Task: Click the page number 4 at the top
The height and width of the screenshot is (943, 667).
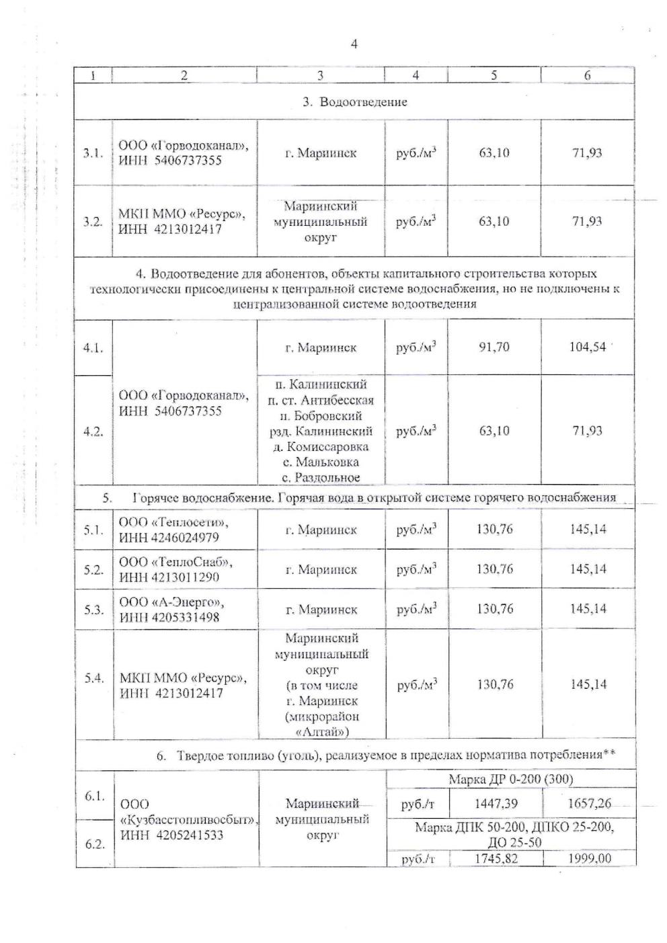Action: [x=354, y=44]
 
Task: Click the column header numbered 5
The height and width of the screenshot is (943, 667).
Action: [x=494, y=75]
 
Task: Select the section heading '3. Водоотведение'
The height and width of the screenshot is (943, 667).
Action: [x=354, y=102]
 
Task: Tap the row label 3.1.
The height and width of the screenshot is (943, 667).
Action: [x=93, y=153]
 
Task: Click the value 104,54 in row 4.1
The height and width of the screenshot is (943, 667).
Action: [x=587, y=347]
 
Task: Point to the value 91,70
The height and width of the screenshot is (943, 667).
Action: [x=494, y=347]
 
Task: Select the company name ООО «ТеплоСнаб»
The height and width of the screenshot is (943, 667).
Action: [x=176, y=562]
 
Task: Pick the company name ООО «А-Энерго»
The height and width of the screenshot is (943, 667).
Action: [x=171, y=602]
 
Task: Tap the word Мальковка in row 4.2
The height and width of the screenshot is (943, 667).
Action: [x=327, y=462]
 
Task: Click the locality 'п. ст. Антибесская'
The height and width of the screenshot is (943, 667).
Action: [x=320, y=401]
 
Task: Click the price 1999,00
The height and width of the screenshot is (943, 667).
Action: [x=589, y=859]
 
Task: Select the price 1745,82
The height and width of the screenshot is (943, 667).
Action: [x=495, y=859]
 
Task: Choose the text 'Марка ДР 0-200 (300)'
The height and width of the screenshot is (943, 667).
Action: [x=510, y=780]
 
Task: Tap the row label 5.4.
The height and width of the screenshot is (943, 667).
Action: [x=93, y=678]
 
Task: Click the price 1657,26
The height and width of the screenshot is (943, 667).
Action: [x=589, y=803]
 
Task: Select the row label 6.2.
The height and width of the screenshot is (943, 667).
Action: [x=95, y=844]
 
